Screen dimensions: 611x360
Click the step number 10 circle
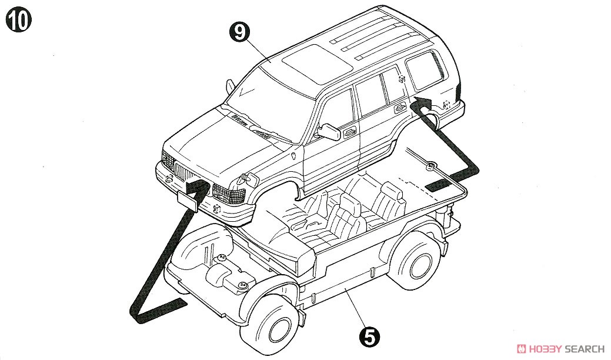coord(18,20)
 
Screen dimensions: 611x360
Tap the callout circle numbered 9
coord(240,32)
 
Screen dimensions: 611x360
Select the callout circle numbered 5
coord(369,336)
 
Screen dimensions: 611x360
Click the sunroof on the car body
coord(317,64)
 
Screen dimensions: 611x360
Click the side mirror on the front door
coord(329,132)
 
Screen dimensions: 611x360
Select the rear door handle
coord(400,108)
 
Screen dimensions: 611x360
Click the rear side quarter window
coord(425,70)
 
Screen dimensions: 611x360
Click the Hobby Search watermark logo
coord(560,348)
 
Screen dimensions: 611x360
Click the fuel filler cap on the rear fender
coord(446,104)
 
